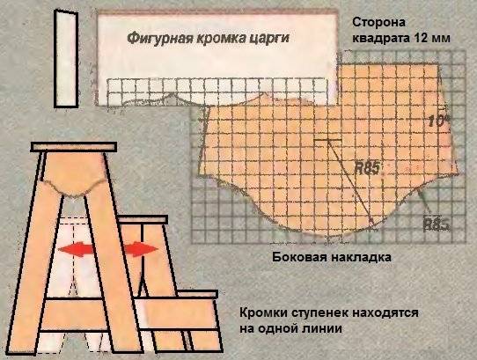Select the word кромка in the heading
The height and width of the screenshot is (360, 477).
pyautogui.click(x=217, y=39)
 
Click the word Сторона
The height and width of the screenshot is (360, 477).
pyautogui.click(x=378, y=23)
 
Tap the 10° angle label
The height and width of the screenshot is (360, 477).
pyautogui.click(x=439, y=121)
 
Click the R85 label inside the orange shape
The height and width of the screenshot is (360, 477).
pyautogui.click(x=368, y=168)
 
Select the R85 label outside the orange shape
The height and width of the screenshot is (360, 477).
pyautogui.click(x=437, y=224)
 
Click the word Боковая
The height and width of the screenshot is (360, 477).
pyautogui.click(x=299, y=257)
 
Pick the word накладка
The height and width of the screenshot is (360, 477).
pyautogui.click(x=361, y=257)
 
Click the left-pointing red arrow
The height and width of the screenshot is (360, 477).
pyautogui.click(x=76, y=249)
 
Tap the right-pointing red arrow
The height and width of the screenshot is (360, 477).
pyautogui.click(x=141, y=248)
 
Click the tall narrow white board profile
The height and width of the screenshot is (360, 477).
pyautogui.click(x=66, y=58)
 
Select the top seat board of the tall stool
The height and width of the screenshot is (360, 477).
pyautogui.click(x=74, y=147)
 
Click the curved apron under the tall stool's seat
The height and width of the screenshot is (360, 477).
pyautogui.click(x=74, y=173)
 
